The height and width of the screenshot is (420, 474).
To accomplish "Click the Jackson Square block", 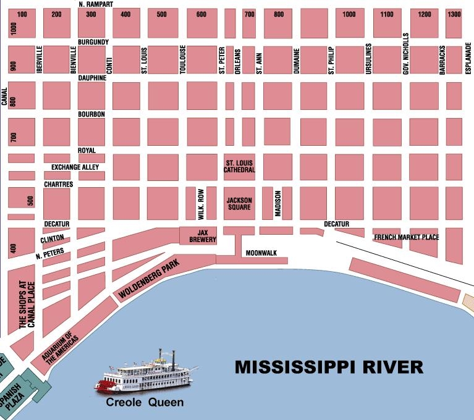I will pos(239,204).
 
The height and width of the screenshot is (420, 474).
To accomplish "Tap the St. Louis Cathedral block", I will pos(239,166).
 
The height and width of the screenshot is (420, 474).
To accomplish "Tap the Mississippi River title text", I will pos(329,367).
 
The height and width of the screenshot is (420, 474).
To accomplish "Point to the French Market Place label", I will pos(406,237).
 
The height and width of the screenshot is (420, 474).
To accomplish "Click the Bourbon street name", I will pos(91,115).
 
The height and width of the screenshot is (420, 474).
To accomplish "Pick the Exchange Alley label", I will pos(75,167).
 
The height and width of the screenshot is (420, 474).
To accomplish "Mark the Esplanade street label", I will pos(468,59).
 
